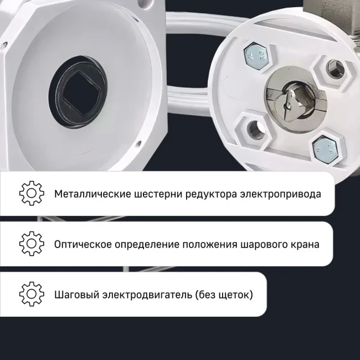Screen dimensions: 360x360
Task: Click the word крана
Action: pyautogui.click(x=305, y=244)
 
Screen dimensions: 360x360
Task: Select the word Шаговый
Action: pyautogui.click(x=75, y=294)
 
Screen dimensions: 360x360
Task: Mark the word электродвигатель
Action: pyautogui.click(x=145, y=294)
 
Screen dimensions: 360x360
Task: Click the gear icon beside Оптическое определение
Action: pyautogui.click(x=32, y=243)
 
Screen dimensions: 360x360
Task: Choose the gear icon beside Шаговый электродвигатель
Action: pyautogui.click(x=32, y=293)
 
